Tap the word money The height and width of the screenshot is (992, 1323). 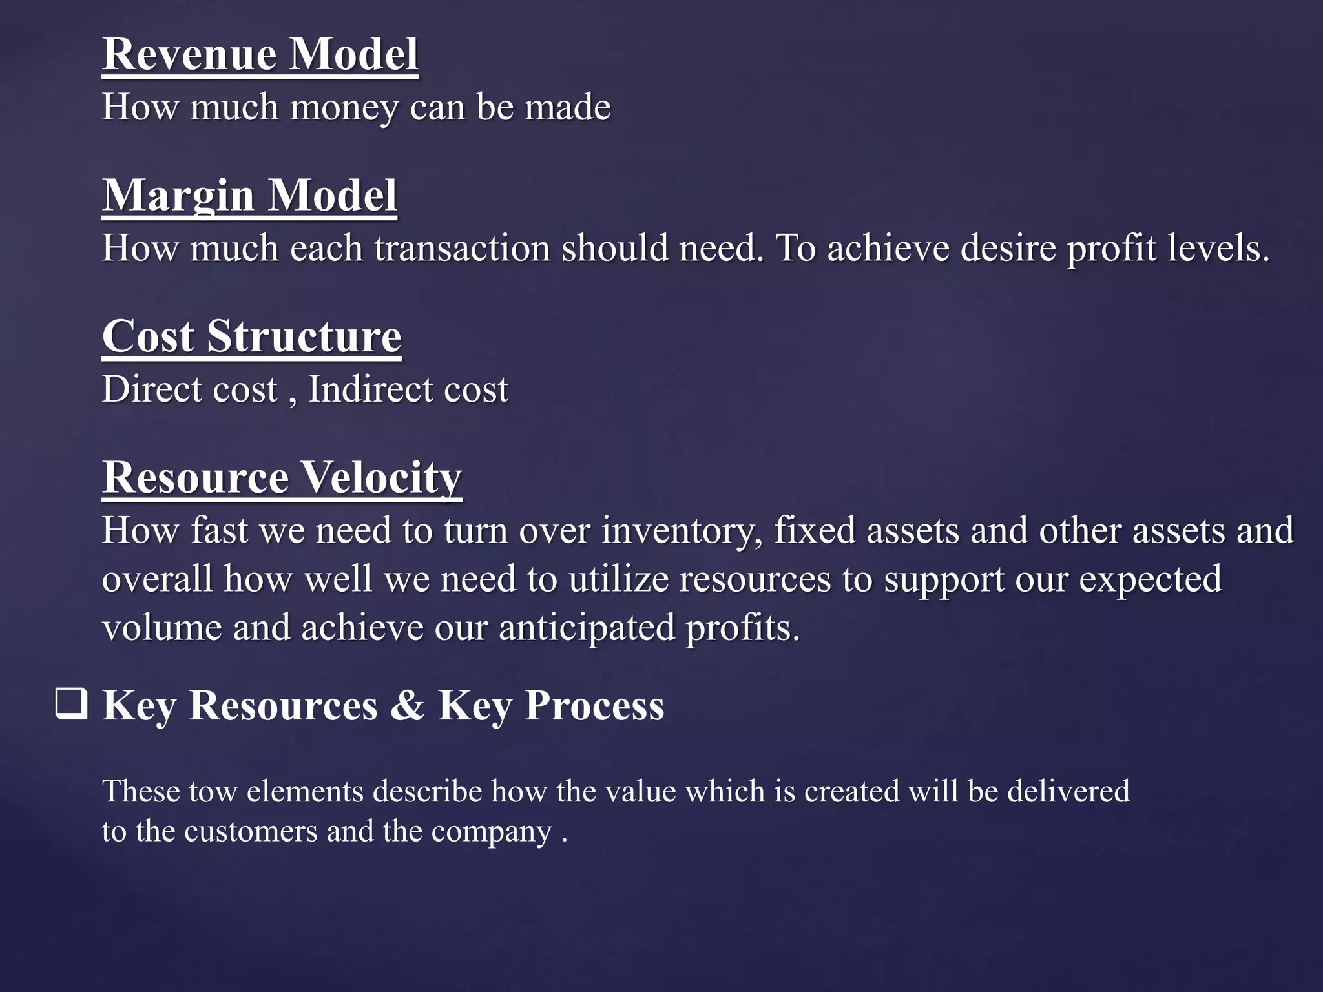(x=344, y=107)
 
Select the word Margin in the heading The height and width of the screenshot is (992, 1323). (x=178, y=196)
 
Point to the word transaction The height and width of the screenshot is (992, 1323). (x=462, y=249)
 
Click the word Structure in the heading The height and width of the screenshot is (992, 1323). (x=304, y=336)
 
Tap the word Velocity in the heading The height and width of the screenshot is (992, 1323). (x=382, y=478)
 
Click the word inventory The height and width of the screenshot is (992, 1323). (x=682, y=531)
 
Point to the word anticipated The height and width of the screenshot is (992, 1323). (x=586, y=628)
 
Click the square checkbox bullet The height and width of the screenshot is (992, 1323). (x=71, y=705)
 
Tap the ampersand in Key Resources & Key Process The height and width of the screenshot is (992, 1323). (x=407, y=705)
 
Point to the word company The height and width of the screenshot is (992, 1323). (x=492, y=832)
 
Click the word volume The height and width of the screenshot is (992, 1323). (x=162, y=628)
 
